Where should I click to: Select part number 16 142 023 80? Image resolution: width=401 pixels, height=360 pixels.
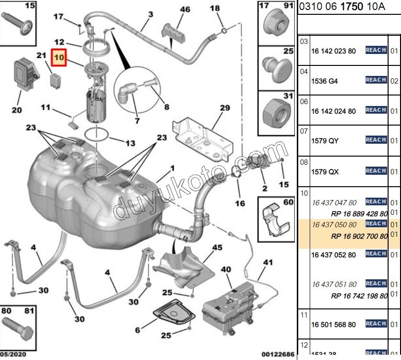333,51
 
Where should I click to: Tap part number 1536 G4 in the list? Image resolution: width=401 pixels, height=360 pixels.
324,81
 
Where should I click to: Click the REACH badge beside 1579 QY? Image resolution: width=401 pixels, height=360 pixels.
376,140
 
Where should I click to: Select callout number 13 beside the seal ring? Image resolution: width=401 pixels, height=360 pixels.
130,143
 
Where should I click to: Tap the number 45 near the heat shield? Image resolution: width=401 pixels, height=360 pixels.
217,247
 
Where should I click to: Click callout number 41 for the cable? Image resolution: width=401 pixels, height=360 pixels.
267,262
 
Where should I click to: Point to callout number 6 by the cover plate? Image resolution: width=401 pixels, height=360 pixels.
137,330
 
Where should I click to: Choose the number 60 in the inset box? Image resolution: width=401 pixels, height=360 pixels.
288,202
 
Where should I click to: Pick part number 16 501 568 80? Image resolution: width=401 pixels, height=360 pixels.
333,325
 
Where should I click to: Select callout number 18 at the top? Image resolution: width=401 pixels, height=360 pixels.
215,8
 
